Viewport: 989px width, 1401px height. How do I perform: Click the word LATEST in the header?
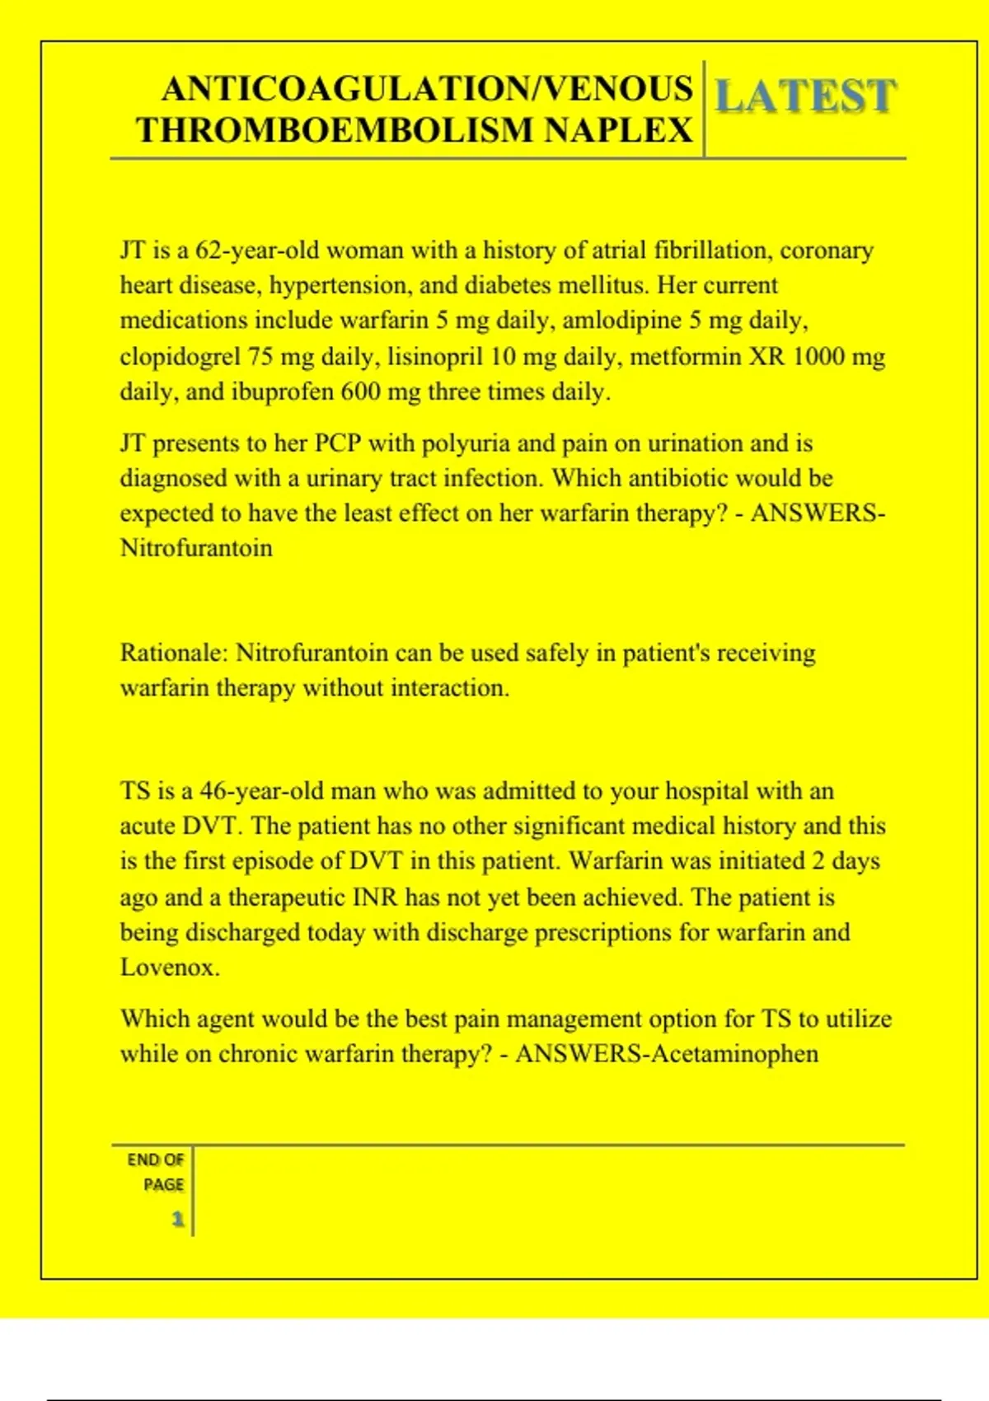[804, 96]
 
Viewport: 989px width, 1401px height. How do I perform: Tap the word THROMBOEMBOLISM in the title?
[334, 130]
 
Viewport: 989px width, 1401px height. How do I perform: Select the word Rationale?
[172, 653]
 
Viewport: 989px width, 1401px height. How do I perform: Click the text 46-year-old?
[261, 791]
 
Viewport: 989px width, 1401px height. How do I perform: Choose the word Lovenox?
[169, 967]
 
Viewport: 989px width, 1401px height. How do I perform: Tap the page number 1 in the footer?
[177, 1219]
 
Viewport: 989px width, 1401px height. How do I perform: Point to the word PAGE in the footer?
[163, 1184]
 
